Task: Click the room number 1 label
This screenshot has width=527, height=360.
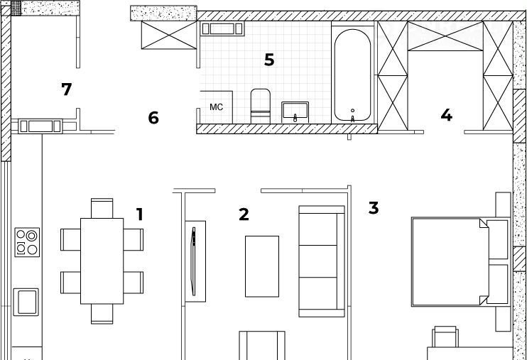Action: point(140,214)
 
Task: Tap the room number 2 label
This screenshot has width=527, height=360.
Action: point(244,214)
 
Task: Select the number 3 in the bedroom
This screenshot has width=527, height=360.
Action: point(374,208)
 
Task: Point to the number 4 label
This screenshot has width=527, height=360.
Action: point(446,115)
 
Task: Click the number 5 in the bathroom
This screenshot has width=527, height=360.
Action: point(269,60)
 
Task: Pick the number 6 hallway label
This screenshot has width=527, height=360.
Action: point(153,118)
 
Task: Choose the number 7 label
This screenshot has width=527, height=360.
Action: point(67,89)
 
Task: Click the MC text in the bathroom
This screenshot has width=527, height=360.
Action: point(216,107)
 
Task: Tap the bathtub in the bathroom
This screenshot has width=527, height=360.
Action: point(352,75)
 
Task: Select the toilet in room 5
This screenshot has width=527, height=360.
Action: point(261,106)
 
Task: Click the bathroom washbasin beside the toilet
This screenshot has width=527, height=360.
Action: point(295,112)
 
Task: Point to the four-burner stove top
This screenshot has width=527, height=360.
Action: point(27,242)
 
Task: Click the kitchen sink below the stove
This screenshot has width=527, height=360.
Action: point(26,302)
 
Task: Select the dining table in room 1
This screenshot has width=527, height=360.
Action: point(102,261)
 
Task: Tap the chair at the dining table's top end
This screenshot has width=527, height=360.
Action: point(102,209)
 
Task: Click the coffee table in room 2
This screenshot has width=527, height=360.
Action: point(262,266)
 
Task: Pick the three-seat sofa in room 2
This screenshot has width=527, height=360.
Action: point(322,261)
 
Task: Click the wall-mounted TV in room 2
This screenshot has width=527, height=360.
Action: point(193,261)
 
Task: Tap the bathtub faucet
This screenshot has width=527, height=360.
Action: point(352,116)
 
